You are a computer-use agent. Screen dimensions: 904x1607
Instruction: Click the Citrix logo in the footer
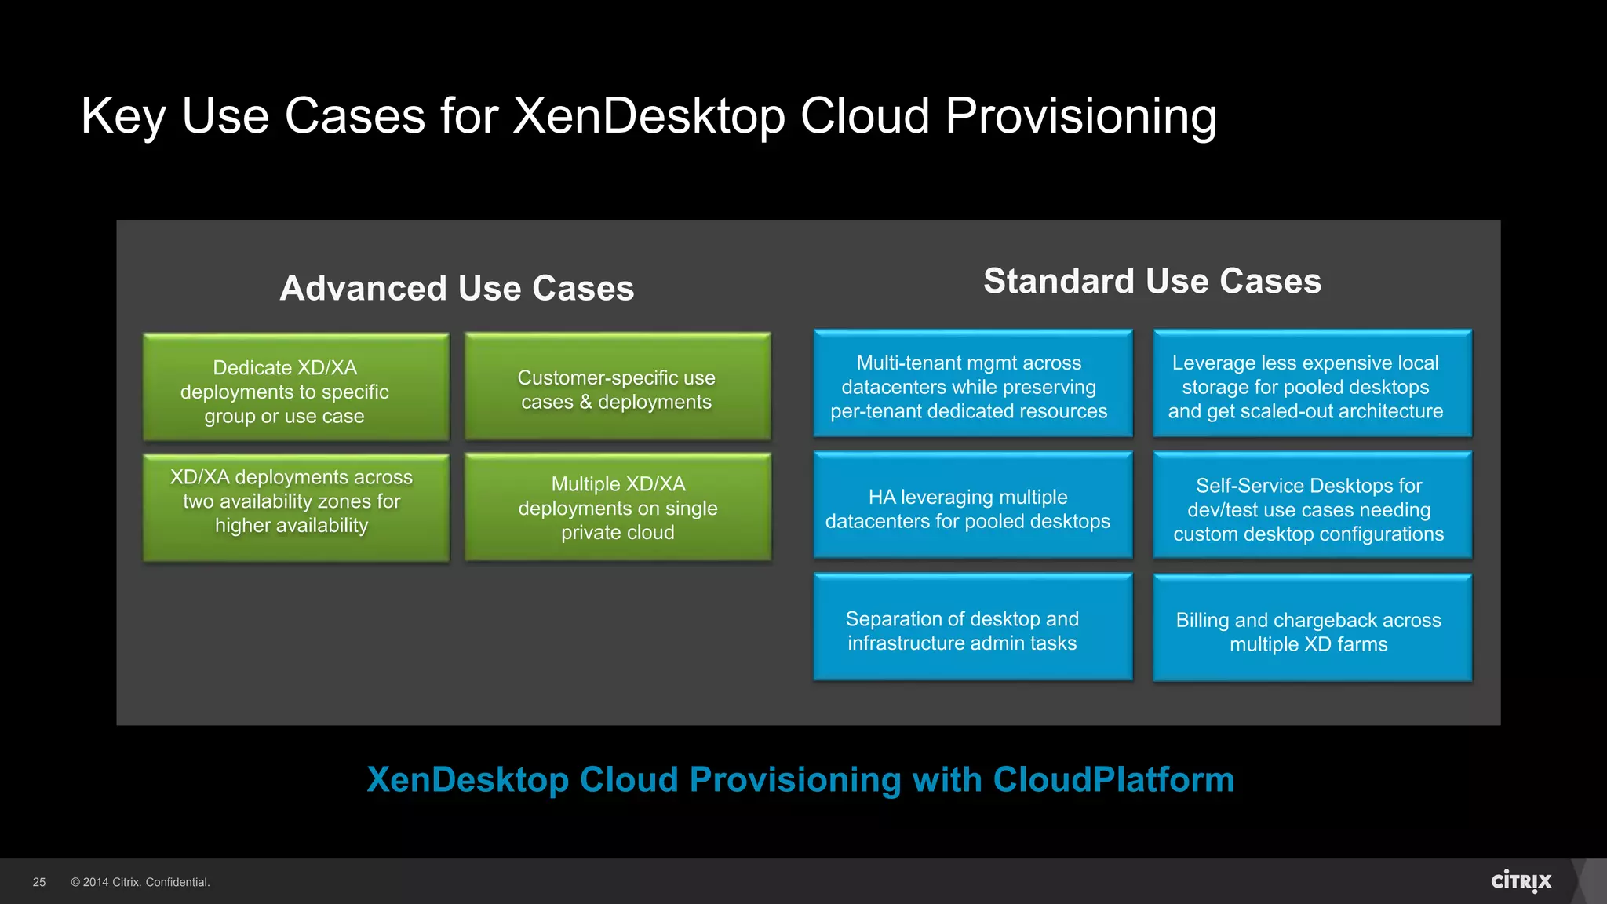(x=1521, y=881)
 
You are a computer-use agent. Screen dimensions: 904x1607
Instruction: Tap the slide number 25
(x=39, y=882)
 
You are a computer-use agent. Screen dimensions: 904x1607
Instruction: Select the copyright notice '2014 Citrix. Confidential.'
(x=140, y=882)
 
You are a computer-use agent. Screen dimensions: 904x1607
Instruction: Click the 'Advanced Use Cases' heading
(x=457, y=288)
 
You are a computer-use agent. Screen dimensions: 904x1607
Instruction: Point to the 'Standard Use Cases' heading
(x=1152, y=281)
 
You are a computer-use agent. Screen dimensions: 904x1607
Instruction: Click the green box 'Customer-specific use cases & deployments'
(x=618, y=386)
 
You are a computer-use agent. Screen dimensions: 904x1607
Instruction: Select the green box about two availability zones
(x=296, y=507)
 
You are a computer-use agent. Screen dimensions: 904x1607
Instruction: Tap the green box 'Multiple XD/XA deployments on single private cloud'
(x=618, y=507)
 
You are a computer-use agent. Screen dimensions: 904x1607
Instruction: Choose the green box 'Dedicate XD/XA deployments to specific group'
(x=296, y=387)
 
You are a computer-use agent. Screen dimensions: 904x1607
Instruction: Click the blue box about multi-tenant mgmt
(x=972, y=383)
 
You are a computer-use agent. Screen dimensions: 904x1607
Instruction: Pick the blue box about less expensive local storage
(x=1312, y=383)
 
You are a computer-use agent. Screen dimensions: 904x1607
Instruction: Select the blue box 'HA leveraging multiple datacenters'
(x=972, y=505)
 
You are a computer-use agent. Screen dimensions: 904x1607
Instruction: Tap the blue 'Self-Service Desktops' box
(x=1312, y=505)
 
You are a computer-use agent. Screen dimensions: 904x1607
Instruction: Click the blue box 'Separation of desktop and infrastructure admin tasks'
(x=972, y=626)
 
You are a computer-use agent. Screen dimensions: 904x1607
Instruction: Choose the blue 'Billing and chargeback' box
(x=1312, y=628)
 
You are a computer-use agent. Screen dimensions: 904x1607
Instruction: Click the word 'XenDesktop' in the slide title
(x=648, y=116)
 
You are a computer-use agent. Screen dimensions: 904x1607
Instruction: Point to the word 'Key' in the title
(x=123, y=116)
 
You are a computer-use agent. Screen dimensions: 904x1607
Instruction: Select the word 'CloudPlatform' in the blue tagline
(x=1113, y=779)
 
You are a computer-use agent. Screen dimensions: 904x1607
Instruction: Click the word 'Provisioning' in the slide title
(x=1080, y=116)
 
